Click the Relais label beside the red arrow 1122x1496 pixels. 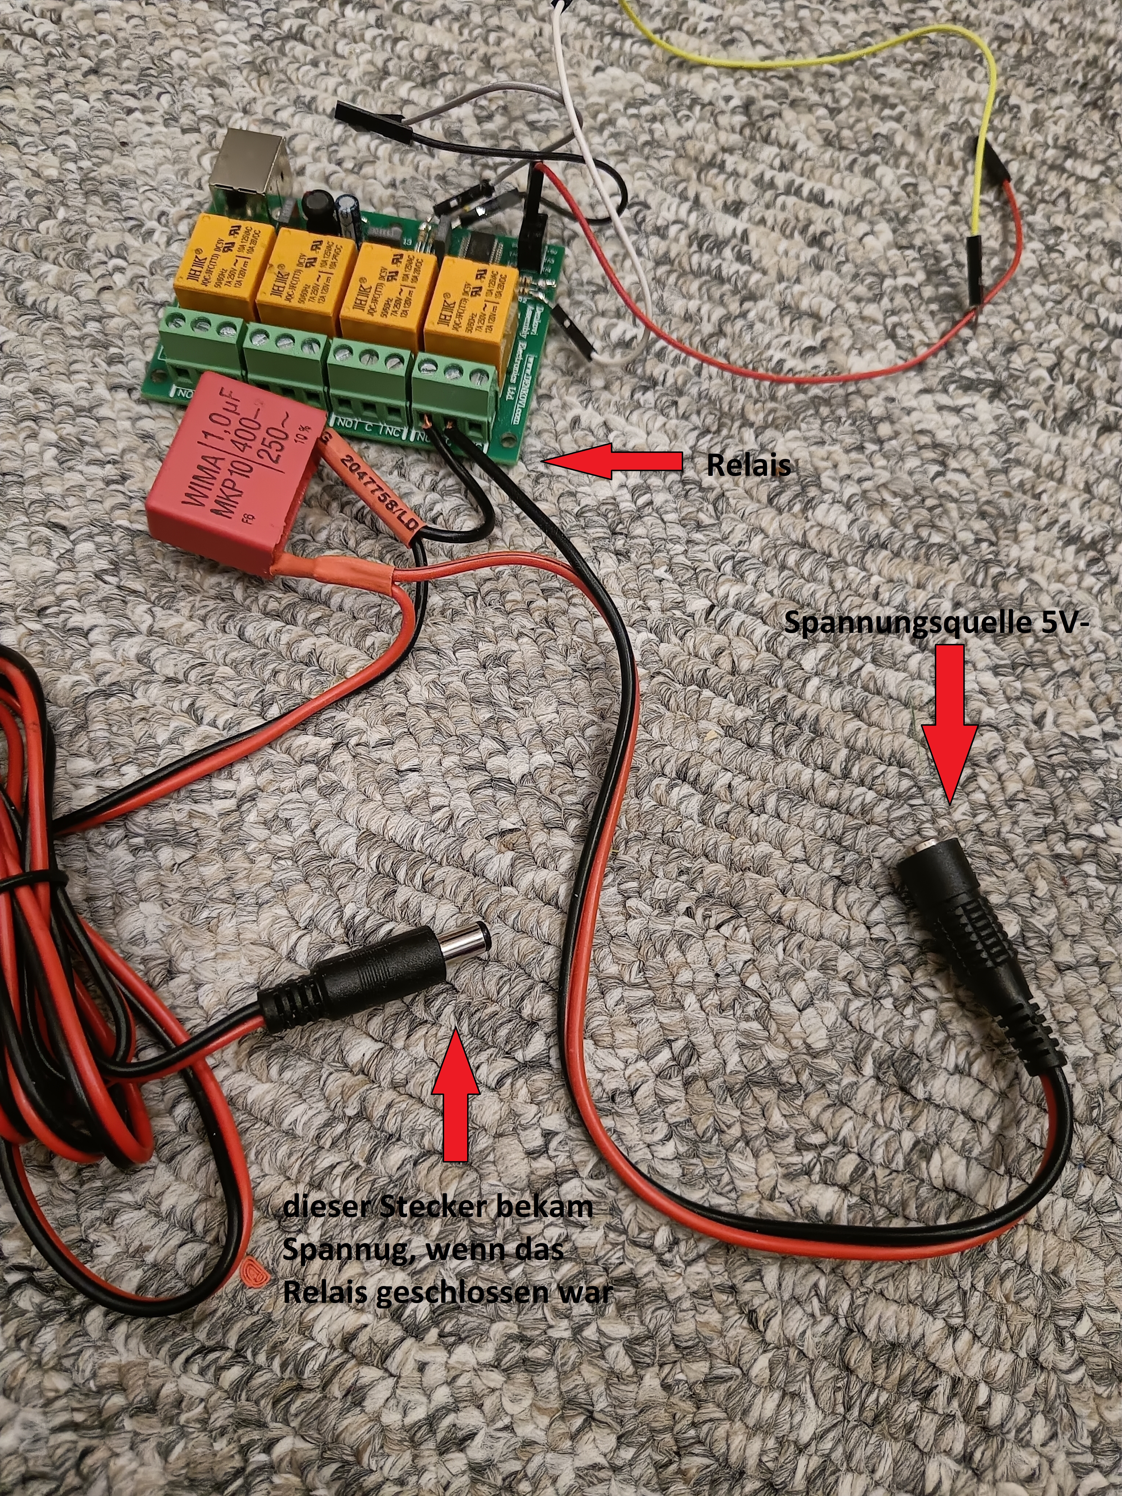pos(748,465)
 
